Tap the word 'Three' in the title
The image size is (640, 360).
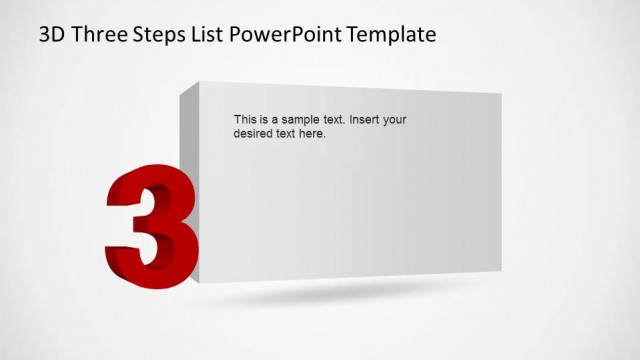point(98,35)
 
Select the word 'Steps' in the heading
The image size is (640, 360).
point(162,36)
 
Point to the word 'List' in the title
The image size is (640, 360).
point(211,35)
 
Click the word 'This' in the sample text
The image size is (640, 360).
point(244,119)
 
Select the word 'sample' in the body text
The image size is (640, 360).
point(300,120)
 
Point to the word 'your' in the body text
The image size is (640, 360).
point(395,120)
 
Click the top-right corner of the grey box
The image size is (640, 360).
point(500,93)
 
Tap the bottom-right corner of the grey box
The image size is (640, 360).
point(500,271)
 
